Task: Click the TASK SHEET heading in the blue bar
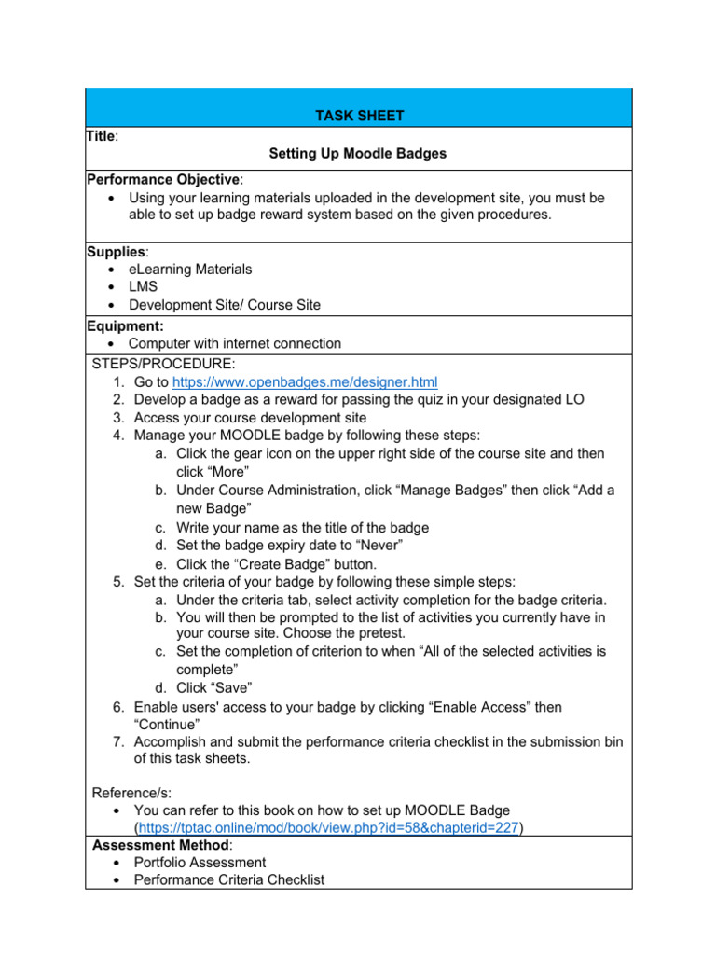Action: point(358,116)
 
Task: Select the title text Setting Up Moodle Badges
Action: point(358,154)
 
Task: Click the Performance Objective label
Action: point(163,179)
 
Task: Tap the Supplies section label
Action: point(117,252)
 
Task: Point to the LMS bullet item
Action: point(143,287)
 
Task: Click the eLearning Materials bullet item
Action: point(190,270)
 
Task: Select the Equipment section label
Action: point(125,325)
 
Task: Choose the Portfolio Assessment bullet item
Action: point(200,863)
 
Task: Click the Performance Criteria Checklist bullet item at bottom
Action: point(229,880)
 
